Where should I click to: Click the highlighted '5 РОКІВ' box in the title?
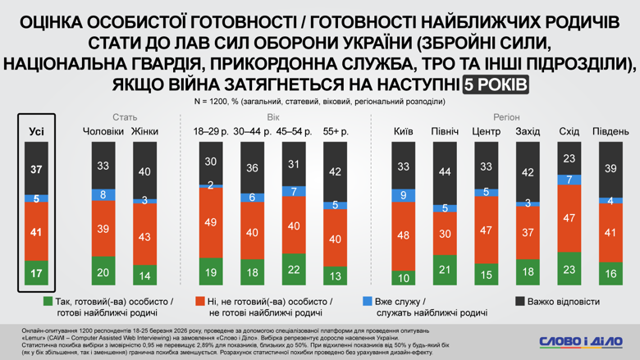495,84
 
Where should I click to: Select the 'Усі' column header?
36,131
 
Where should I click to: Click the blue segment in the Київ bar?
403,195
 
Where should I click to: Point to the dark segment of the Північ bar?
444,172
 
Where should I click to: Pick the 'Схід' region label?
569,131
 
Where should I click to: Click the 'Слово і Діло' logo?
580,340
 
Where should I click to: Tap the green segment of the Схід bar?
569,270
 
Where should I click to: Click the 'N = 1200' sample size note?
319,102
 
